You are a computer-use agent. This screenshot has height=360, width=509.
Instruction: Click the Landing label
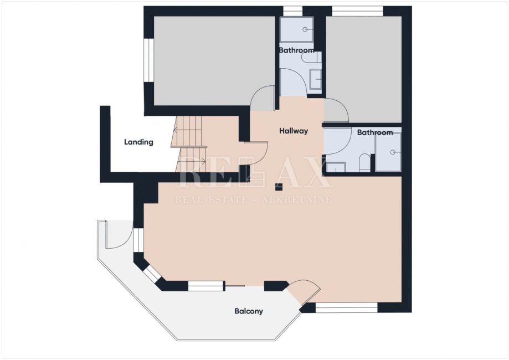[x=138, y=142]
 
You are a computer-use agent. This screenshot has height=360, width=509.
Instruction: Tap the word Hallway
[x=294, y=131]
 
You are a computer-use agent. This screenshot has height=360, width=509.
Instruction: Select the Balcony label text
[x=249, y=311]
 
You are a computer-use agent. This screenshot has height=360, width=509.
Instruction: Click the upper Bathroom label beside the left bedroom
[x=296, y=50]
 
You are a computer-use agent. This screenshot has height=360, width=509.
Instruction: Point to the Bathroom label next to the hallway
[x=375, y=132]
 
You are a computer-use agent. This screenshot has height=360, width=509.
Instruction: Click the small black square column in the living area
[x=279, y=187]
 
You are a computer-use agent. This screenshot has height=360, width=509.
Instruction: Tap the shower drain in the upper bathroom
[x=305, y=29]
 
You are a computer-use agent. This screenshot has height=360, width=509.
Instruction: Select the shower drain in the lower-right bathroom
[x=393, y=152]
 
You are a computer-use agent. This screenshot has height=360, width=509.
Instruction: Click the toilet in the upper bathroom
[x=311, y=58]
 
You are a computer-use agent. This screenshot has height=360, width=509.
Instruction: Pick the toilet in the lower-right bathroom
[x=364, y=163]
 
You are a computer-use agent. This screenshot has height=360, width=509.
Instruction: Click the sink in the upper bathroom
[x=316, y=79]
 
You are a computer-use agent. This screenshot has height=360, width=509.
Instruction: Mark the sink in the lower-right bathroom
[x=336, y=167]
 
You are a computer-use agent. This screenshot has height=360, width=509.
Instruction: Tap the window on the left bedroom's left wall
[x=148, y=60]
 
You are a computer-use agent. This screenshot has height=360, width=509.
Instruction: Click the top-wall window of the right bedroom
[x=357, y=11]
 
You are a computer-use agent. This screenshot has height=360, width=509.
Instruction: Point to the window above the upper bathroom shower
[x=293, y=11]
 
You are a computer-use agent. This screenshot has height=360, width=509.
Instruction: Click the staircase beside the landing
[x=189, y=144]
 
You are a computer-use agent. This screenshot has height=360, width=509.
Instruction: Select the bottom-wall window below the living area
[x=347, y=308]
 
